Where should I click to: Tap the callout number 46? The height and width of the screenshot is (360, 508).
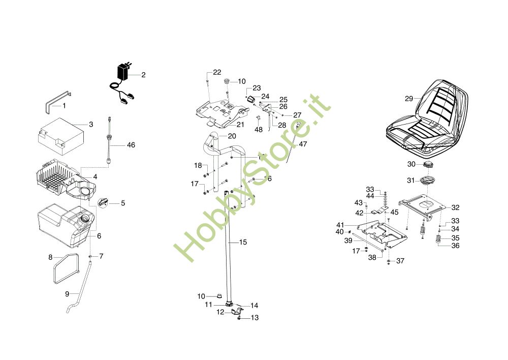pyautogui.click(x=131, y=145)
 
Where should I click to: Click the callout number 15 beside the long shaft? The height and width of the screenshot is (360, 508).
pyautogui.click(x=243, y=242)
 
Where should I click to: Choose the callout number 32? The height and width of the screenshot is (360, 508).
pyautogui.click(x=455, y=207)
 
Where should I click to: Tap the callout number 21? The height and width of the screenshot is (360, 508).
pyautogui.click(x=240, y=125)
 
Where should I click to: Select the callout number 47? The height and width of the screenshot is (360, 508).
pyautogui.click(x=303, y=144)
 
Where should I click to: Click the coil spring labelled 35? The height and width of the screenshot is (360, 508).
pyautogui.click(x=438, y=241)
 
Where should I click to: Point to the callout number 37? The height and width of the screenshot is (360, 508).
pyautogui.click(x=400, y=261)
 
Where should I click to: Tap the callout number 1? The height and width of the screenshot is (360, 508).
pyautogui.click(x=64, y=106)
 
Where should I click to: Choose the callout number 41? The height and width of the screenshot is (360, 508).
pyautogui.click(x=340, y=225)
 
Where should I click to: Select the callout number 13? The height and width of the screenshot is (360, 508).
pyautogui.click(x=255, y=318)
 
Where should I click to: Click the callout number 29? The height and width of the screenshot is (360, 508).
pyautogui.click(x=409, y=99)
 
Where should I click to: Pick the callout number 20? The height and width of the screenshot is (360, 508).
pyautogui.click(x=232, y=136)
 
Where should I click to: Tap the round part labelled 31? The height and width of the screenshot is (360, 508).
pyautogui.click(x=427, y=181)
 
